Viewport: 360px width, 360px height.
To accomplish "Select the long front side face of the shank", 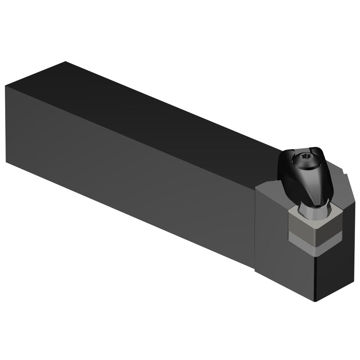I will click(126, 169).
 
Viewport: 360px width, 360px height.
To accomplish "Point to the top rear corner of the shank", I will click(65, 62).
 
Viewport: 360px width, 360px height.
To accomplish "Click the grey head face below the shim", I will click(287, 270).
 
